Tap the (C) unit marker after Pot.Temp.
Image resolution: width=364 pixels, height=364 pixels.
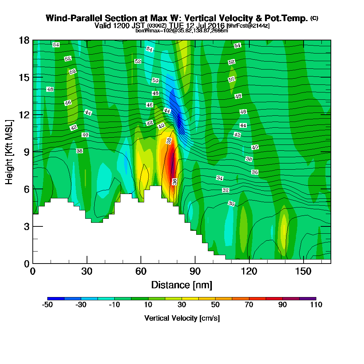(314, 18)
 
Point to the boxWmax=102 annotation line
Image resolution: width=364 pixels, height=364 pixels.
(182, 31)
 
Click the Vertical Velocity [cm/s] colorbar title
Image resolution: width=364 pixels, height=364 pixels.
(182, 318)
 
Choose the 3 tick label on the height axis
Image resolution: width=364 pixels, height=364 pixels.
(26, 226)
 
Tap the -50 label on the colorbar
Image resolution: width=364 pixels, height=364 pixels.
(48, 305)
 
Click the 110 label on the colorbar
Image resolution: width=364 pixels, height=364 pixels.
(316, 305)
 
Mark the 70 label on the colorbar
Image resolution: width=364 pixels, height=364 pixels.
(249, 305)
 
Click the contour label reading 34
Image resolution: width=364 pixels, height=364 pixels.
(219, 178)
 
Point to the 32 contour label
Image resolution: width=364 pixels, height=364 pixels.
(226, 190)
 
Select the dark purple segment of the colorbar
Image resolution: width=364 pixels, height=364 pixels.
(308, 298)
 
